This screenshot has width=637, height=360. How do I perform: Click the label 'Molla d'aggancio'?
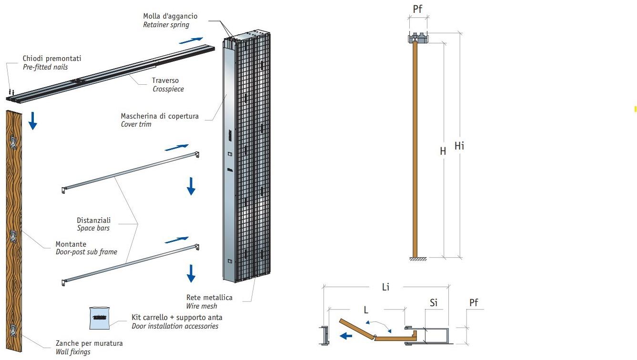tap(170, 16)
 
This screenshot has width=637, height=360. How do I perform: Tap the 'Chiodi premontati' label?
tap(52, 59)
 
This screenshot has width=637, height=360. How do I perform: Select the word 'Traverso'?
tap(165, 80)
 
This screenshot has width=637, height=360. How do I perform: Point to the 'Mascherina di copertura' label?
tap(160, 116)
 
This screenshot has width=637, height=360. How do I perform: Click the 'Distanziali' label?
tap(94, 220)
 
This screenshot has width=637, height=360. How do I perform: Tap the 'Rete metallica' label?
tap(210, 298)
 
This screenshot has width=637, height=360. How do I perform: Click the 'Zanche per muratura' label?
tap(89, 343)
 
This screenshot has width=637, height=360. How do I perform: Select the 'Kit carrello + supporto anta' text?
tap(177, 318)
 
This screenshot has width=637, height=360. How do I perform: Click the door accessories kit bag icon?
tap(100, 318)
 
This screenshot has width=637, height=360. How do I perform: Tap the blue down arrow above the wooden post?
tap(32, 120)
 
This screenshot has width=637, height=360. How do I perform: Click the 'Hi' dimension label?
tap(459, 146)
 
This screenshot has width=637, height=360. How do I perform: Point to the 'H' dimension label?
tap(443, 151)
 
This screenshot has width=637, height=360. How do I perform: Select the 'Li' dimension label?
tap(385, 287)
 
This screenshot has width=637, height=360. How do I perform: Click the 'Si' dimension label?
tap(434, 303)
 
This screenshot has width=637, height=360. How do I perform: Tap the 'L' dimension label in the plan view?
tap(366, 310)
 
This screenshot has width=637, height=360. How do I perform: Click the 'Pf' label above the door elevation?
tap(418, 9)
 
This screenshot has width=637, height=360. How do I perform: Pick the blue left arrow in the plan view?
tap(345, 336)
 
